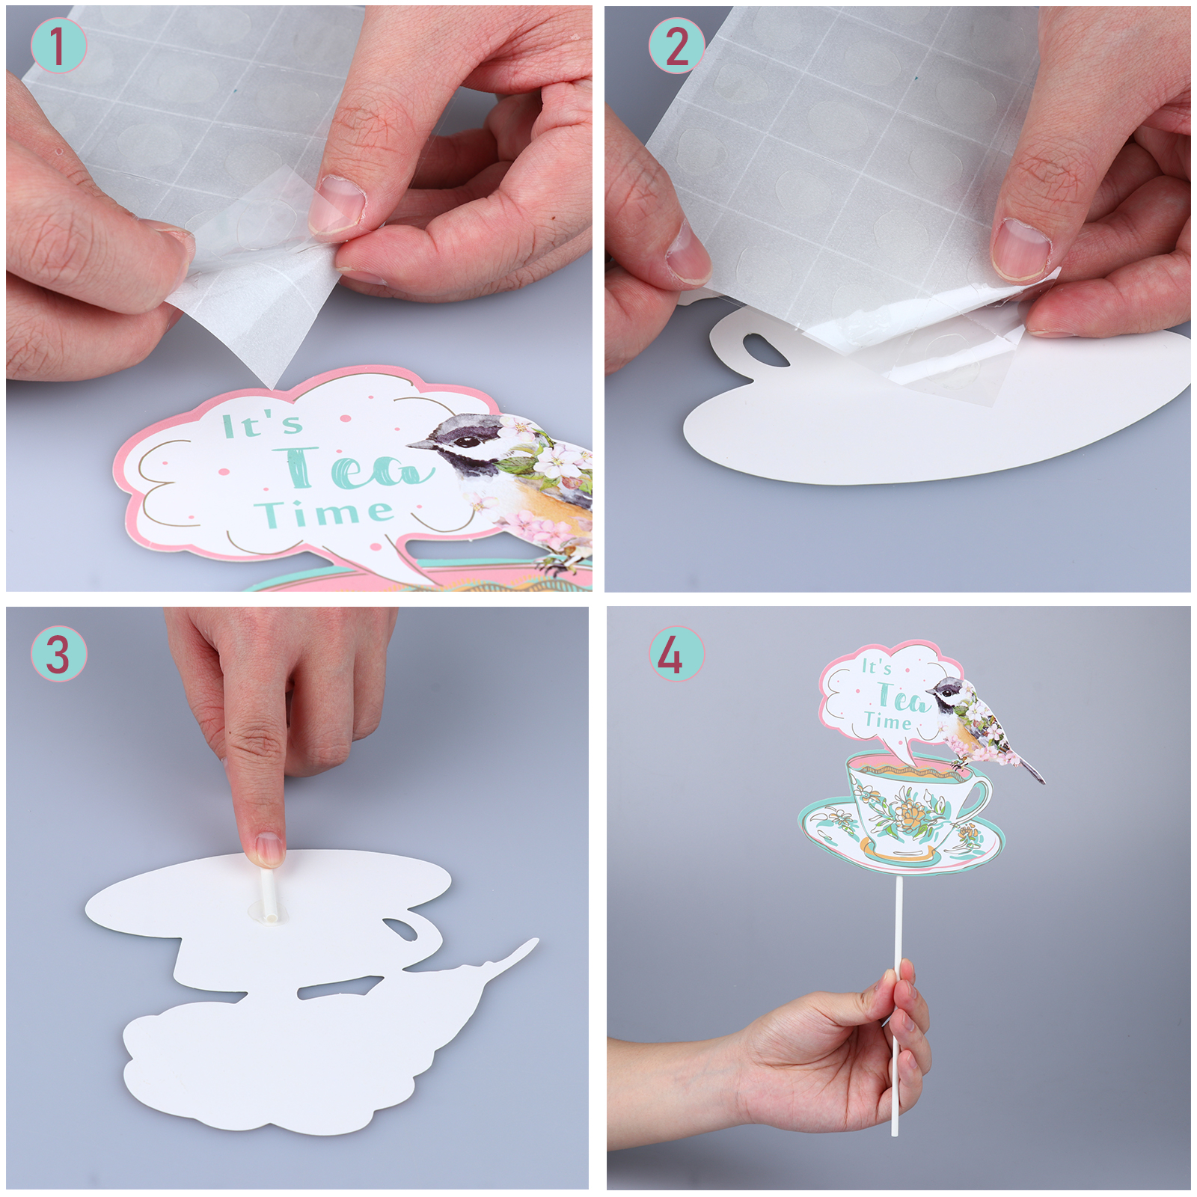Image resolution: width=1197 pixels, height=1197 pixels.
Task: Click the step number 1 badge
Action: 58,46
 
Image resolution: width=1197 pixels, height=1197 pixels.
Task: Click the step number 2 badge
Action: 676,46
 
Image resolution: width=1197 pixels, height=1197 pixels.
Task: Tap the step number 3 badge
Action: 58,653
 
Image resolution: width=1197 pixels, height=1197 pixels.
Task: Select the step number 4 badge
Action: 676,653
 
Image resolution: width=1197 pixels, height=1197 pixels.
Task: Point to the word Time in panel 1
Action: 324,513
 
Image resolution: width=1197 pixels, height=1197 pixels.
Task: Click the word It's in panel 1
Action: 263,425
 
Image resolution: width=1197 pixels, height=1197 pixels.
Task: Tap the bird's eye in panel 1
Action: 468,441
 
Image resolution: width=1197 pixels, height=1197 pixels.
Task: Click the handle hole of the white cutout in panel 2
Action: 765,350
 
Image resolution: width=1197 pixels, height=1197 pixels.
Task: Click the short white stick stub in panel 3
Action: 267,893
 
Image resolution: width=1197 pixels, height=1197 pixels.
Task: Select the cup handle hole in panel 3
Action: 405,928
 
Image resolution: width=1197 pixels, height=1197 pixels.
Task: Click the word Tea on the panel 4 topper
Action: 902,698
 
